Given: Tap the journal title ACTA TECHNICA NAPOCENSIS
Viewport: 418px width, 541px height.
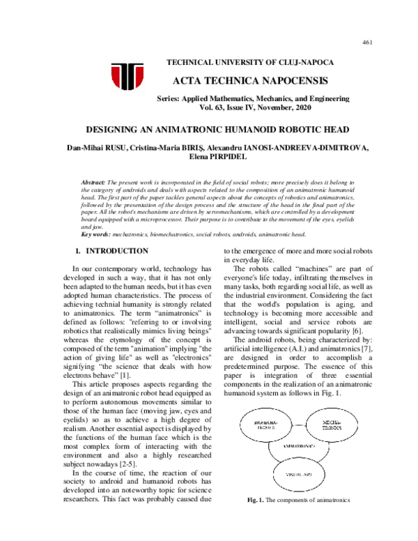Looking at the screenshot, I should pos(240,81).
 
